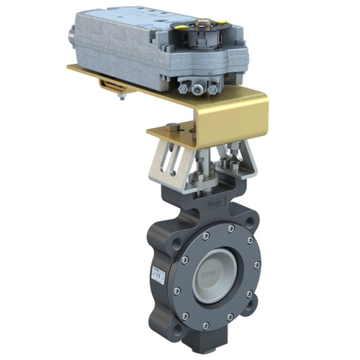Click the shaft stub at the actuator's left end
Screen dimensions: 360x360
coord(73,33)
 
